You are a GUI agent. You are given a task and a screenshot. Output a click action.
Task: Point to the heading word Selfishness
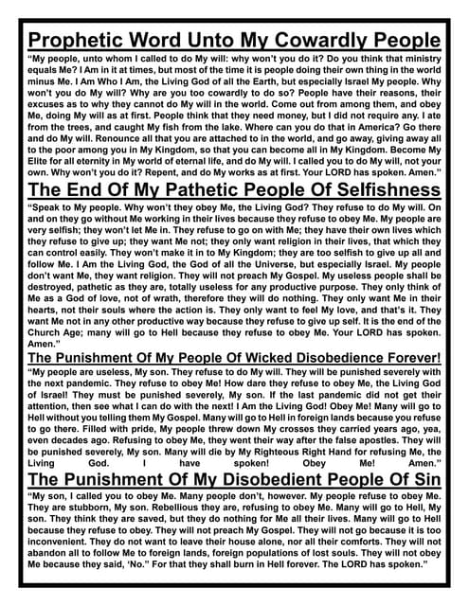tap(375, 189)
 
